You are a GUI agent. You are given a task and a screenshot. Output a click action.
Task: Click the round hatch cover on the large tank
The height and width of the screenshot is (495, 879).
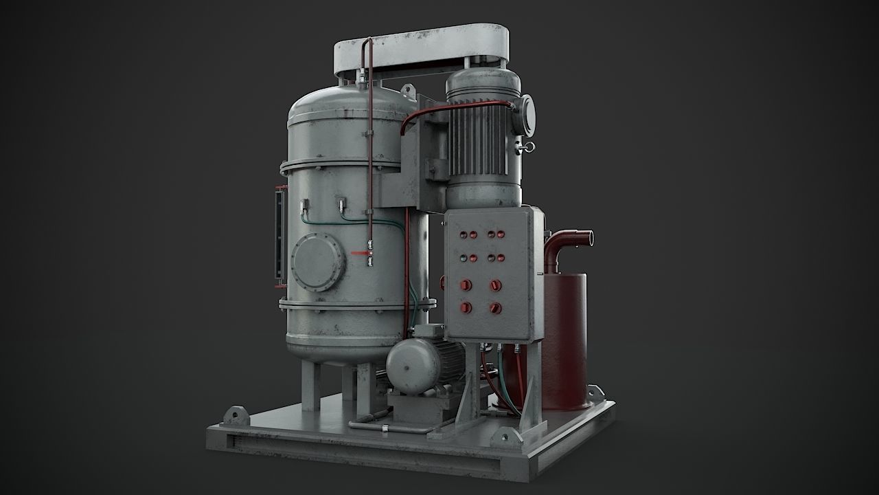pos(317,262)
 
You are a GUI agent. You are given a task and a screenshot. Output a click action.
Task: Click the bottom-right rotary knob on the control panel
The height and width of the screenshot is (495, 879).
pos(495,308)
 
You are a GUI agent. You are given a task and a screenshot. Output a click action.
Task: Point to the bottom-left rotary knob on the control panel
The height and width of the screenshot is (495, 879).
pos(466,307)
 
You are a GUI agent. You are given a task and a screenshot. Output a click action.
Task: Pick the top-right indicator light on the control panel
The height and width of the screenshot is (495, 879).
pos(492,234)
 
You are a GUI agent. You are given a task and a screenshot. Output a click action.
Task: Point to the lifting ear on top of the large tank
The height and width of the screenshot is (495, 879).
pos(407,90)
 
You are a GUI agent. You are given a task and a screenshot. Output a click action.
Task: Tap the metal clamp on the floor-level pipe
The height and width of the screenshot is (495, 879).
pos(385,430)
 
